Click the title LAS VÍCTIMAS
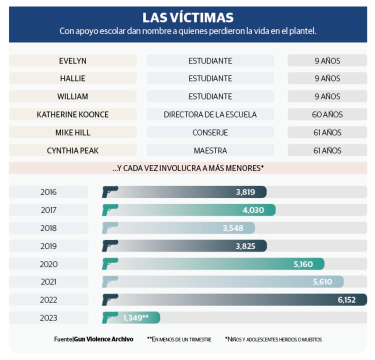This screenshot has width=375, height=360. pyautogui.click(x=187, y=17)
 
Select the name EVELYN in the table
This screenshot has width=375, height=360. pyautogui.click(x=72, y=60)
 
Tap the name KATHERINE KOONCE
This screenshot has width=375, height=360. pyautogui.click(x=72, y=114)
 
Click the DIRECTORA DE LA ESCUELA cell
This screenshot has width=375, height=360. pyautogui.click(x=210, y=114)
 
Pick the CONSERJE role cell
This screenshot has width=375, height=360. pyautogui.click(x=210, y=132)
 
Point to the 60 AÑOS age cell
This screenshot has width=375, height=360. pyautogui.click(x=327, y=114)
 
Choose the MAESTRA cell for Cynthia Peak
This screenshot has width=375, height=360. pyautogui.click(x=210, y=150)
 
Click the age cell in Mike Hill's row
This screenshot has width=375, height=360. pyautogui.click(x=327, y=132)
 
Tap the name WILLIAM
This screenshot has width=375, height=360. pyautogui.click(x=72, y=96)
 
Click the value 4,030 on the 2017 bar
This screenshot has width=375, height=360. pyautogui.click(x=253, y=210)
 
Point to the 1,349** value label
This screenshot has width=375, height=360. pyautogui.click(x=136, y=318)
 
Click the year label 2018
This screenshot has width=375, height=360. pyautogui.click(x=48, y=228)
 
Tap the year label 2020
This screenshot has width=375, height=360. pyautogui.click(x=48, y=264)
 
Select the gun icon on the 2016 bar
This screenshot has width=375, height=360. pyautogui.click(x=110, y=192)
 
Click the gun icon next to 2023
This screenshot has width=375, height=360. pyautogui.click(x=110, y=317)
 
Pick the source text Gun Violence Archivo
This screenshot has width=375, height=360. pyautogui.click(x=103, y=339)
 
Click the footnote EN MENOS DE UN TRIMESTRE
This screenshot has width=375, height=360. pyautogui.click(x=179, y=339)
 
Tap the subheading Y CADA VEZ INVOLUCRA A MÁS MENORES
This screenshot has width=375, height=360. pyautogui.click(x=187, y=168)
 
